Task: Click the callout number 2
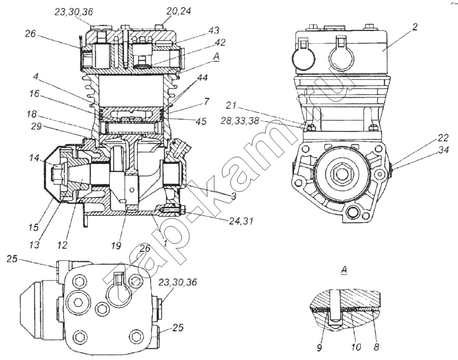415,27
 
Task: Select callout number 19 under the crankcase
116,245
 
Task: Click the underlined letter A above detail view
344,269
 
